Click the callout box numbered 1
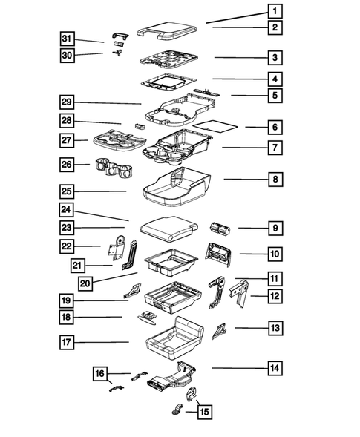[275, 11]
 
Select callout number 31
[68, 39]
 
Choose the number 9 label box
[275, 228]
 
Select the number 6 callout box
[275, 127]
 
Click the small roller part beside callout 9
[220, 227]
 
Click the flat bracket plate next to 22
[116, 248]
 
